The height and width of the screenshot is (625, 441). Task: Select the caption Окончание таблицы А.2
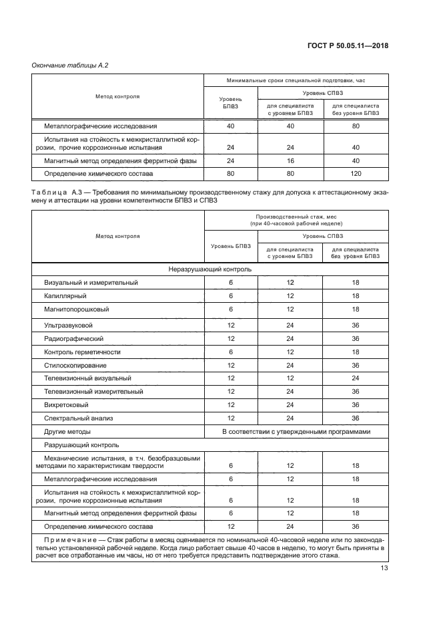coord(70,65)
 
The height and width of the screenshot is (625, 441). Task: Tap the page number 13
coord(384,568)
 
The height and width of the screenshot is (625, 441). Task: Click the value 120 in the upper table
coord(356,174)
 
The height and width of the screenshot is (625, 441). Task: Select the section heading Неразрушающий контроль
coord(209,269)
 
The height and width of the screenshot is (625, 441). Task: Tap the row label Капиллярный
coord(65,295)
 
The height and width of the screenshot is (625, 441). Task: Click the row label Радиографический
coord(73,338)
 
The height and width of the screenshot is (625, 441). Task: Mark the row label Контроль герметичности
coord(81,352)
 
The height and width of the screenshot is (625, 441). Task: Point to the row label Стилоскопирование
coord(75,365)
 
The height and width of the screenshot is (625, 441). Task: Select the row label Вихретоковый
coord(67,404)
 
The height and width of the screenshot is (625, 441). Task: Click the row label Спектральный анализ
coord(79,418)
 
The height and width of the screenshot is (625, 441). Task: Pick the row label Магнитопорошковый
coord(77,309)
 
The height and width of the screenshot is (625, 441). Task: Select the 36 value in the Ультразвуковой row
coord(356,325)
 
